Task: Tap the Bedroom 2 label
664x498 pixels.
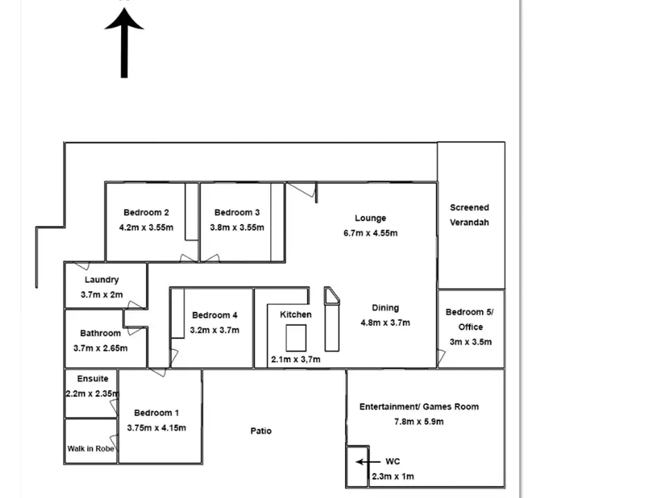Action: (x=146, y=212)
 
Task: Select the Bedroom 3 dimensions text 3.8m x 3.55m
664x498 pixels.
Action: (x=237, y=228)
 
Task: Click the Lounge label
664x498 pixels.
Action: (x=370, y=218)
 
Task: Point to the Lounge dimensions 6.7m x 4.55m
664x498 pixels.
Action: (x=370, y=233)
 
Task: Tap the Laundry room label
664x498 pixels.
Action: (x=102, y=279)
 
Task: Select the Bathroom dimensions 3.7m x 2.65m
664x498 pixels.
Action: (x=100, y=348)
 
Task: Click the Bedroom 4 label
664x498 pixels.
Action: (x=214, y=315)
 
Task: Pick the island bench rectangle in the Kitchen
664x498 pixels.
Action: (x=296, y=338)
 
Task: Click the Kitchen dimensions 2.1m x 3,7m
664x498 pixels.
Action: (x=295, y=360)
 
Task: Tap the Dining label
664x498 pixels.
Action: (x=385, y=308)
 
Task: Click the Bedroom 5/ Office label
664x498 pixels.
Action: (x=470, y=319)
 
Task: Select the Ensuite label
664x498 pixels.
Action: (x=93, y=378)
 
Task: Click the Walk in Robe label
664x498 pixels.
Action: (x=91, y=448)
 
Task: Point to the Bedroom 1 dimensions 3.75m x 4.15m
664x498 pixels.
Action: (x=156, y=427)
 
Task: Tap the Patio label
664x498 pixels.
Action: (x=261, y=431)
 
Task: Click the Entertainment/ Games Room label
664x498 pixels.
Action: (x=418, y=407)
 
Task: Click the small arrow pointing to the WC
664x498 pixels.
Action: (x=368, y=461)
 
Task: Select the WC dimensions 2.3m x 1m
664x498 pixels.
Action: (x=393, y=477)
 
